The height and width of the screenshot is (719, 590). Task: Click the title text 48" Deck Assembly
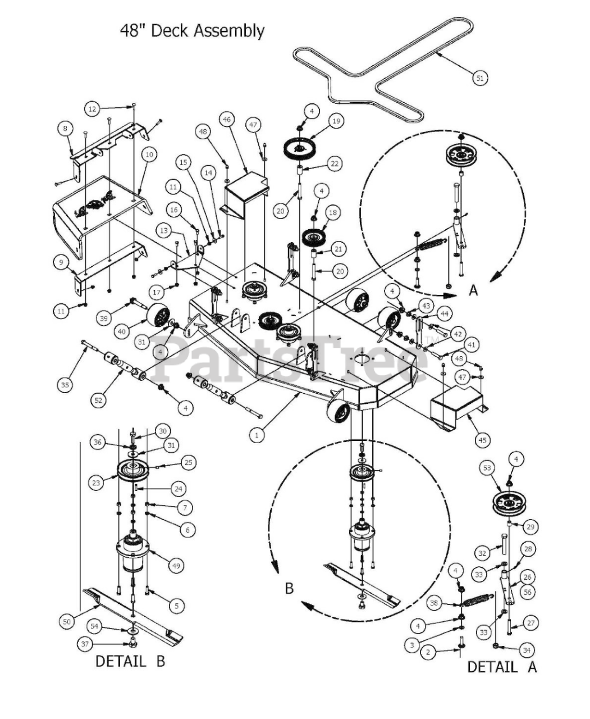(x=192, y=30)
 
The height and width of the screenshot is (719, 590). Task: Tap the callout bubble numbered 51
(x=479, y=79)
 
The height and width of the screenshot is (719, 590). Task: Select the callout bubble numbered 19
(x=336, y=121)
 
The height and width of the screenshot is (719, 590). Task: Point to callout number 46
(x=227, y=120)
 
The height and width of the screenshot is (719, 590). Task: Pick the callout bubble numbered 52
(x=99, y=400)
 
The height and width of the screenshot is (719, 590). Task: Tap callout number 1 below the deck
(x=257, y=434)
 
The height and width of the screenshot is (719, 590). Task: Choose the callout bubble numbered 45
(x=483, y=440)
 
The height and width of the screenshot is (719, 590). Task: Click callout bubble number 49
(x=177, y=566)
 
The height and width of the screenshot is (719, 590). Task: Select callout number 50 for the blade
(x=67, y=621)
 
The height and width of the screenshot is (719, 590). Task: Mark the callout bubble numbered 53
(x=487, y=467)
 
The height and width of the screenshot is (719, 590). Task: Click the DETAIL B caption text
(x=130, y=661)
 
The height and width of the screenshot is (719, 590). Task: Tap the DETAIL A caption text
(x=502, y=667)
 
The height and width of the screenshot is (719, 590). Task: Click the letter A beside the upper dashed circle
(x=473, y=290)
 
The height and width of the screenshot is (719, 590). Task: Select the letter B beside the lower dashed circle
(x=289, y=588)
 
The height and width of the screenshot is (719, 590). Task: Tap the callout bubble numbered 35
(x=65, y=384)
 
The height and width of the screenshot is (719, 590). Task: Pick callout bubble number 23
(x=96, y=482)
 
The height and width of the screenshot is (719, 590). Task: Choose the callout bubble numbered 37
(x=85, y=644)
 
